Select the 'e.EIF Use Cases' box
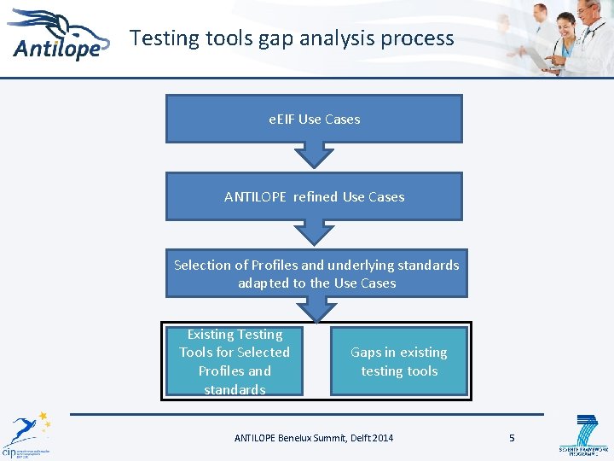pyautogui.click(x=314, y=119)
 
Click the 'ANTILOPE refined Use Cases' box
pyautogui.click(x=314, y=196)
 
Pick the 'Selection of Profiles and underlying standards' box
pyautogui.click(x=316, y=273)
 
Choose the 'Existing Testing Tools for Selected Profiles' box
pyautogui.click(x=235, y=361)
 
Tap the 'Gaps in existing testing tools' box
pyautogui.click(x=399, y=361)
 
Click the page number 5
pyautogui.click(x=512, y=438)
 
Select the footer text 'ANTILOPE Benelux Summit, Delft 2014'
pyautogui.click(x=314, y=438)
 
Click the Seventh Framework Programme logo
pyautogui.click(x=584, y=435)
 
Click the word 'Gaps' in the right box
pyautogui.click(x=366, y=353)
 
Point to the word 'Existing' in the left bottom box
pyautogui.click(x=210, y=335)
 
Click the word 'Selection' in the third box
pyautogui.click(x=202, y=265)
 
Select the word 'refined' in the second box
pyautogui.click(x=316, y=196)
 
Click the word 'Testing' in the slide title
pyautogui.click(x=165, y=38)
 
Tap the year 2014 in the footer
pyautogui.click(x=383, y=438)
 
